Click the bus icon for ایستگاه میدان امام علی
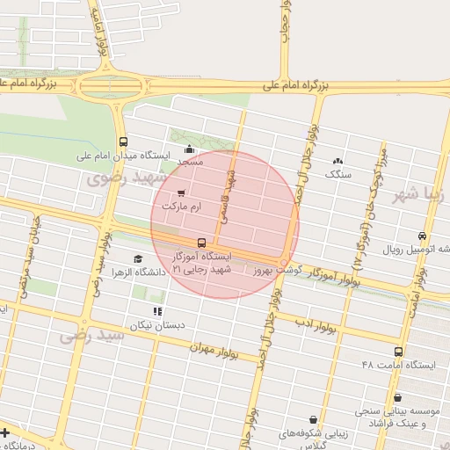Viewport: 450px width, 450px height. tap(122, 141)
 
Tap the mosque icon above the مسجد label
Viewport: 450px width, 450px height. tap(190, 149)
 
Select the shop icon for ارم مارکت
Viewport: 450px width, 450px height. tap(181, 192)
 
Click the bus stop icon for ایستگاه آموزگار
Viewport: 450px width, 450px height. tap(202, 242)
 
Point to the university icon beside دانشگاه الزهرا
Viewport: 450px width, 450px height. tap(137, 258)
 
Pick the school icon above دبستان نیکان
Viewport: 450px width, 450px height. tap(157, 311)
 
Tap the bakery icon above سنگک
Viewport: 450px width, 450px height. tap(337, 161)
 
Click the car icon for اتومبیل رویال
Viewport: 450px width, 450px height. tap(423, 236)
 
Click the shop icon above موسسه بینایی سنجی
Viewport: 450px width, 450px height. tap(398, 397)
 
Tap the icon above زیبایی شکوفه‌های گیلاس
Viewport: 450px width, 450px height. tap(314, 419)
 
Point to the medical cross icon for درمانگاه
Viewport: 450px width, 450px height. tap(5, 432)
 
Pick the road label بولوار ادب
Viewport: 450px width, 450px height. tap(316, 327)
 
